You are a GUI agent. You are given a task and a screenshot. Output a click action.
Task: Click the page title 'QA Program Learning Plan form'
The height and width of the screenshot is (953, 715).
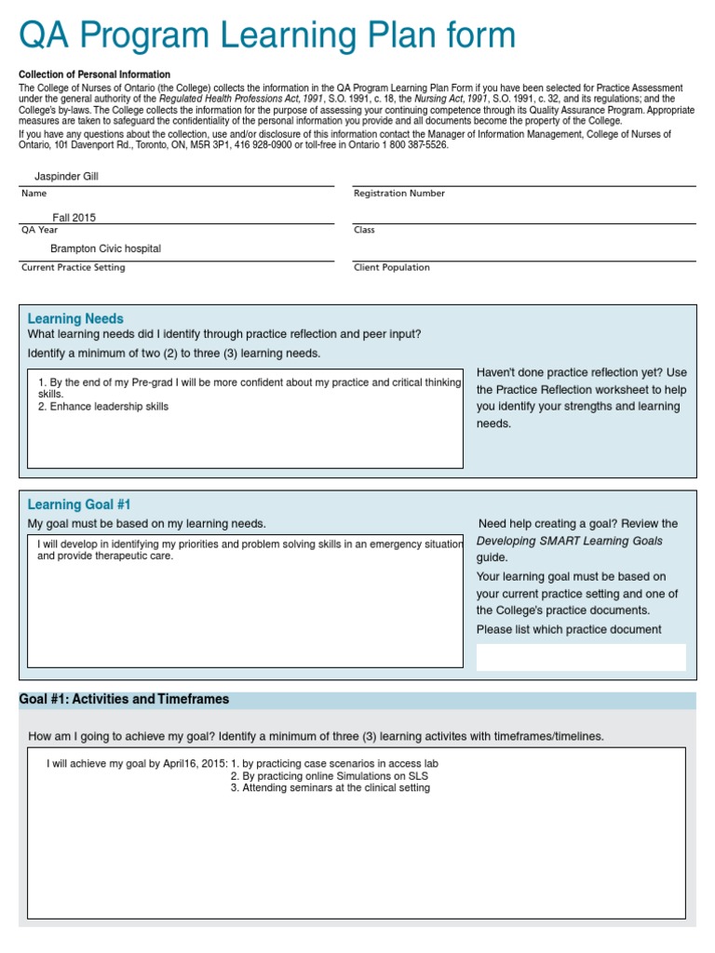pos(267,35)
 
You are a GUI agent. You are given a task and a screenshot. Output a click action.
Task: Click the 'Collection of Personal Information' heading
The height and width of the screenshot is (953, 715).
pos(95,74)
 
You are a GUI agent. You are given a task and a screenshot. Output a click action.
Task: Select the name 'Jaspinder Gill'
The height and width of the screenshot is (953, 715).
pos(66,176)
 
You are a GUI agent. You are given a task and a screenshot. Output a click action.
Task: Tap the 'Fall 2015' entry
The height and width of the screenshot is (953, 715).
pos(74,218)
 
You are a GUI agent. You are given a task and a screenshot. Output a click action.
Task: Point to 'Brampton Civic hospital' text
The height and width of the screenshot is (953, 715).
pos(105,248)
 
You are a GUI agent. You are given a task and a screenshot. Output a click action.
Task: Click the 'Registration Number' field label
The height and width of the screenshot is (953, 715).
pos(399,194)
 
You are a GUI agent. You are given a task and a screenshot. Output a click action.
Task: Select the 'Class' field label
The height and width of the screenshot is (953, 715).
pos(364,230)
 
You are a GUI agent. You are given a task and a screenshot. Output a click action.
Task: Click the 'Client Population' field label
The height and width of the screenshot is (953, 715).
pos(392,267)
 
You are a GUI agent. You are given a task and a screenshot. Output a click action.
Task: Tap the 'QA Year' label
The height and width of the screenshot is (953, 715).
pos(39,230)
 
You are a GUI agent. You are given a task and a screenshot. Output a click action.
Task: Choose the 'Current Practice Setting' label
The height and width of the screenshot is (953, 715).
pos(73,267)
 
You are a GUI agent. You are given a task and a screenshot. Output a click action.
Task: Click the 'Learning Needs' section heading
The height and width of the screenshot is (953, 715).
pos(75,318)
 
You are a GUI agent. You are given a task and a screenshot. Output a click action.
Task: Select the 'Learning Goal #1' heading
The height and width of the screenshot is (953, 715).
pos(79,504)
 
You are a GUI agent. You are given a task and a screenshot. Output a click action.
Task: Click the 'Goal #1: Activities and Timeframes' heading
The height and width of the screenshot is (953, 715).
pos(124,699)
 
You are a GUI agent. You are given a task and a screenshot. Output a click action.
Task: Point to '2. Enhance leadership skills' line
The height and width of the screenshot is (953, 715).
pos(103,407)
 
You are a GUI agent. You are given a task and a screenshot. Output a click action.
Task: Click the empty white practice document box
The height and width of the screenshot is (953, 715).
pos(581,657)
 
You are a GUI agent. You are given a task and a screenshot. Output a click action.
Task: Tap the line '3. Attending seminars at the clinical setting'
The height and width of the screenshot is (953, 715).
pos(331,787)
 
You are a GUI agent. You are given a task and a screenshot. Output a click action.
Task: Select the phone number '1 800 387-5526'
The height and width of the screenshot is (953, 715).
pos(411,145)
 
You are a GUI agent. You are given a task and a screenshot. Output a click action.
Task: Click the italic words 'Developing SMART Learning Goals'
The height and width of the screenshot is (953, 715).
pos(570,541)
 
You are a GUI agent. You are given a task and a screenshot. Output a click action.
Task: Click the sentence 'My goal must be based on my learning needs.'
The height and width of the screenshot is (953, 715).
pos(147,524)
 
